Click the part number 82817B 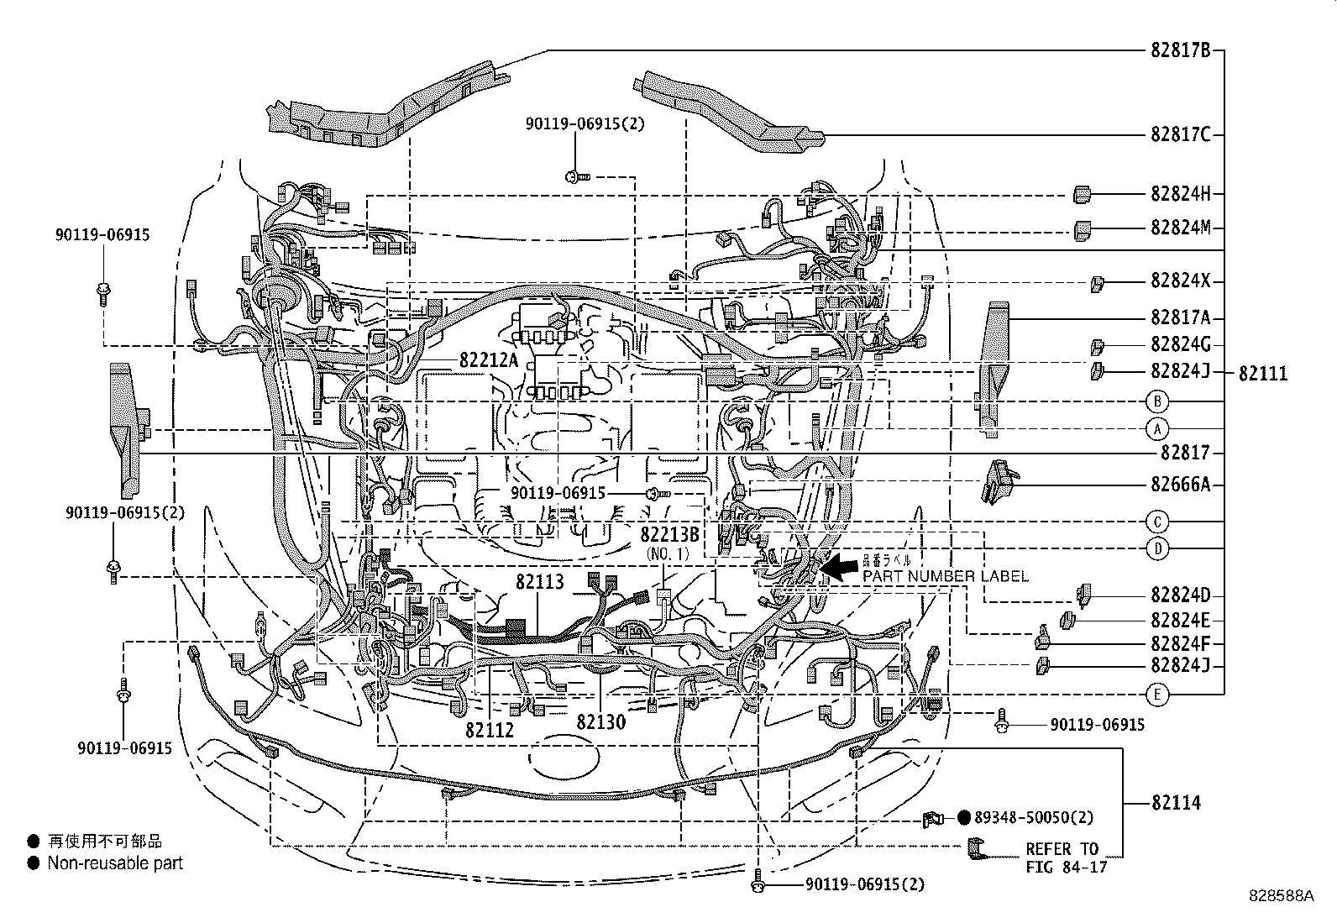coord(1180,50)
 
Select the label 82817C coord(1180,135)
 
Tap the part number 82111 coord(1262,374)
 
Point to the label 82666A coord(1180,485)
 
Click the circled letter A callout coord(1156,429)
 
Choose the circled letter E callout coord(1156,694)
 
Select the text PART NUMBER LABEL coord(945,576)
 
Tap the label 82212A coord(489,361)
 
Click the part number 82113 coord(539,582)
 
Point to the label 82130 coord(600,721)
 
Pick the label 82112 coord(490,730)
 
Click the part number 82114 coord(1176,803)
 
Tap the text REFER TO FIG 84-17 coord(1062,857)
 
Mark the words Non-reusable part coord(115,863)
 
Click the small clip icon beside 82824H coord(1082,195)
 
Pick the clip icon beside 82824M coord(1083,229)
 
